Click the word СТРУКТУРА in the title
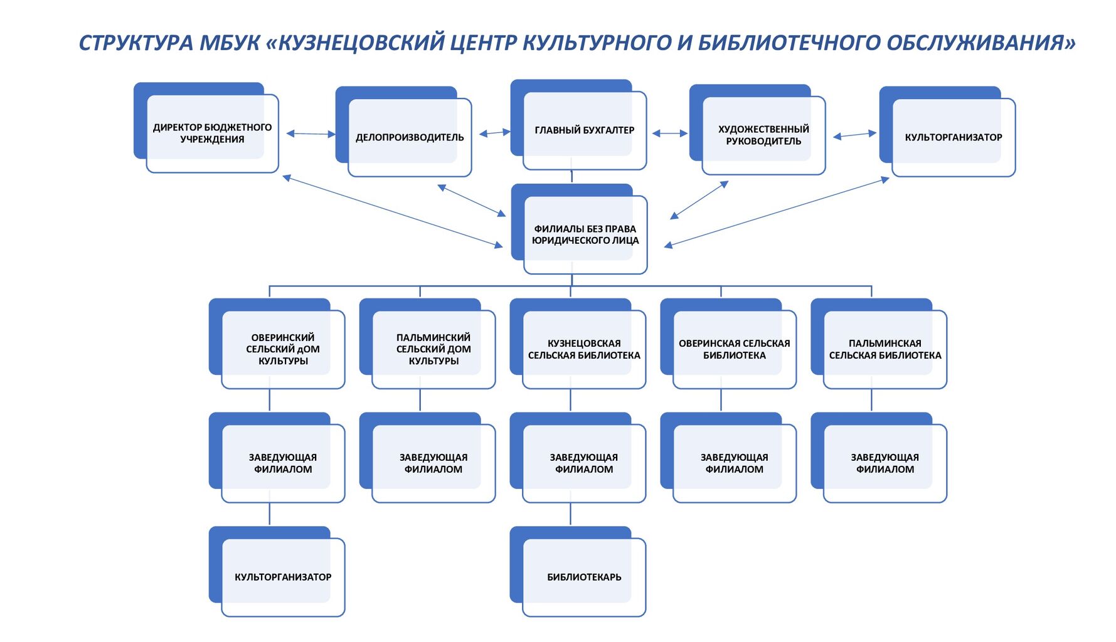136,43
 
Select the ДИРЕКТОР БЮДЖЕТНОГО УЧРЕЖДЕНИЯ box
212,133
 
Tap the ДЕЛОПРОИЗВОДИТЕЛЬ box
410,137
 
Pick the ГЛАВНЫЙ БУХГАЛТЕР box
584,130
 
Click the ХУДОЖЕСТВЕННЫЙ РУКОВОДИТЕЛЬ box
763,135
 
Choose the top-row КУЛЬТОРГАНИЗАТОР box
953,137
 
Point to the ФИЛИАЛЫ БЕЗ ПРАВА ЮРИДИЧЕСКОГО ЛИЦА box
585,234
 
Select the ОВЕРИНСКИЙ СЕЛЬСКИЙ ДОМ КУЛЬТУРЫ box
283,349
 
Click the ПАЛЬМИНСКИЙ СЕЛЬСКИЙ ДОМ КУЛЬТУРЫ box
433,349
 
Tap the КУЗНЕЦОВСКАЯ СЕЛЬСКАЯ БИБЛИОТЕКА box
584,349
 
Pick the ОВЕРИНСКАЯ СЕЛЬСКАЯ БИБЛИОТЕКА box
734,349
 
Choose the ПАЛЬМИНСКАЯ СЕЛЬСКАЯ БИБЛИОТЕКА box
885,349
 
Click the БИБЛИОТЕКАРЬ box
584,577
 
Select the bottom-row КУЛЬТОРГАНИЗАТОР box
283,577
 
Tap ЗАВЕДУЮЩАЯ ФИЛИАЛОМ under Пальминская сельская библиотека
885,463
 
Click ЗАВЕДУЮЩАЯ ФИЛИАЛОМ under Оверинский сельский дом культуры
283,463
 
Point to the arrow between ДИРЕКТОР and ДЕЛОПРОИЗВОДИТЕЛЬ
311,134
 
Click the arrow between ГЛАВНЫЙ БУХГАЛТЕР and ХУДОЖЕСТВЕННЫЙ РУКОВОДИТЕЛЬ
670,133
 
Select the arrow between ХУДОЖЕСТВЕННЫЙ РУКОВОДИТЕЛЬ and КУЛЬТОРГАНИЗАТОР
854,135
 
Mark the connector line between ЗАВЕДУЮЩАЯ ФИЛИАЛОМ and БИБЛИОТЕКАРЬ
570,514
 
